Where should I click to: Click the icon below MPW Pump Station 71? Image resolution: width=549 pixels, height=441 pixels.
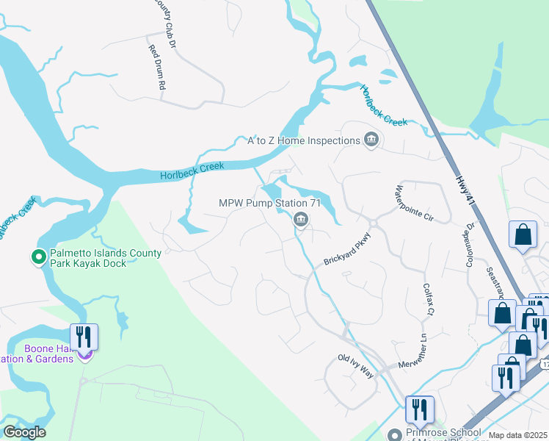click(x=300, y=219)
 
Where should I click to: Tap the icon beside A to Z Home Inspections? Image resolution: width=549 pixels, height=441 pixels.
click(x=371, y=140)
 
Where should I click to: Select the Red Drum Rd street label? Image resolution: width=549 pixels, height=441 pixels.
click(x=157, y=68)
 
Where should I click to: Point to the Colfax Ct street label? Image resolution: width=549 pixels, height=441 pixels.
click(x=426, y=301)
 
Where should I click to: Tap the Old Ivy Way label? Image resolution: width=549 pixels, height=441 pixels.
click(x=355, y=365)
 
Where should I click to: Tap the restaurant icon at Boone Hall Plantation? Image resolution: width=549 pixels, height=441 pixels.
click(x=84, y=337)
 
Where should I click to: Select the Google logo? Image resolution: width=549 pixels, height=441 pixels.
click(x=24, y=432)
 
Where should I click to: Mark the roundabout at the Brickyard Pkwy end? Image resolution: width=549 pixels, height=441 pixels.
click(x=372, y=221)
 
